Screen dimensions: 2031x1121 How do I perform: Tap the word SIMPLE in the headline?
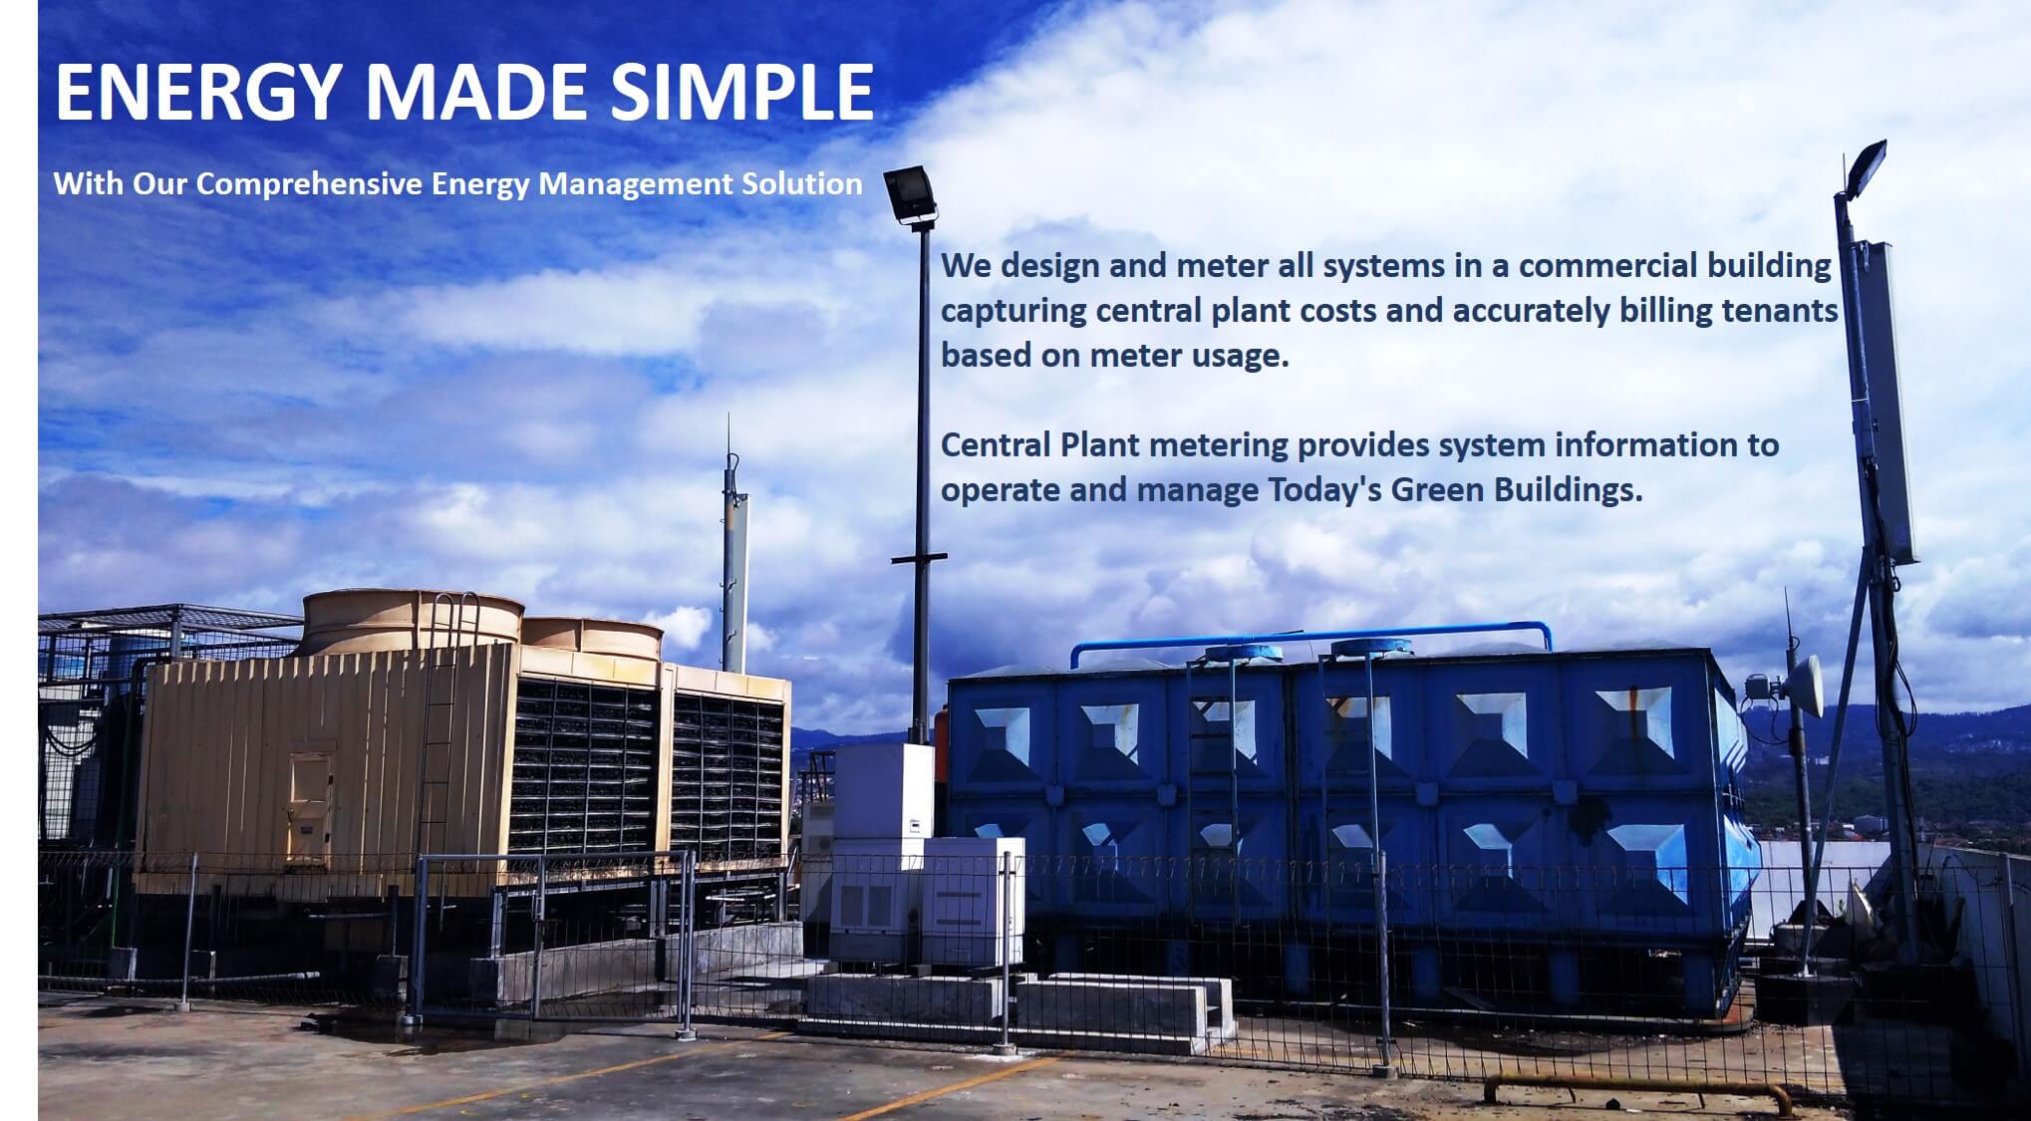[x=742, y=91]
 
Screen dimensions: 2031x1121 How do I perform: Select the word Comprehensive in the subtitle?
[x=309, y=185]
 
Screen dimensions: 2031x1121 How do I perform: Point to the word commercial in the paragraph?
[x=1608, y=266]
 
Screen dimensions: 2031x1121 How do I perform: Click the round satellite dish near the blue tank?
[x=1804, y=686]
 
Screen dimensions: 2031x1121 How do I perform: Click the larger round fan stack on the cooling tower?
[x=412, y=622]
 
